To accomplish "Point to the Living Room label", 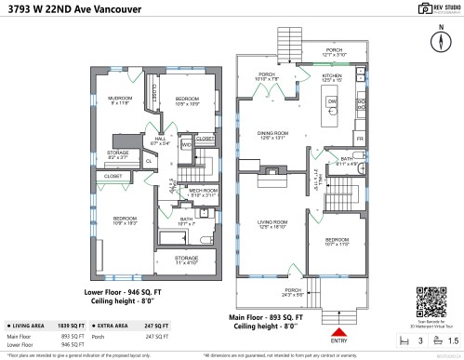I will (x=272, y=222).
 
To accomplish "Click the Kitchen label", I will (x=332, y=76).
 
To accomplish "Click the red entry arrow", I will (x=338, y=328).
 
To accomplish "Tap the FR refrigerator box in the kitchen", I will (x=361, y=138).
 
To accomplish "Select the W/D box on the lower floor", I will (x=186, y=145).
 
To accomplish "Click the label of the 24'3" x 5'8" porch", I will (x=293, y=291).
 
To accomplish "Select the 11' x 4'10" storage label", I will (x=186, y=260).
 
